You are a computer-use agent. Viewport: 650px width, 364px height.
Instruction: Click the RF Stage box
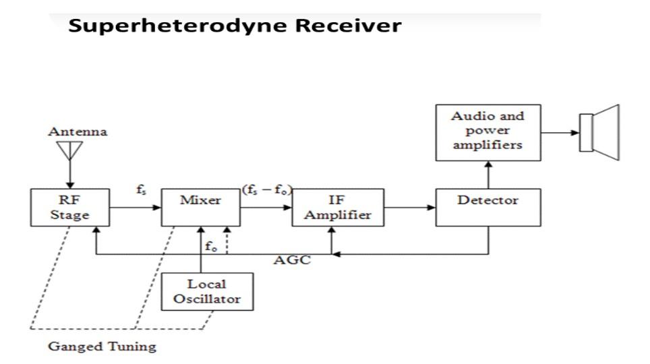pos(69,208)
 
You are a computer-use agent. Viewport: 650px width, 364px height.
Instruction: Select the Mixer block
pos(200,208)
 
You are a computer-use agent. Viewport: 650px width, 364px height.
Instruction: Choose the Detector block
pos(488,208)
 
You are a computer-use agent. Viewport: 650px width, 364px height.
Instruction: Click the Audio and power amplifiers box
pos(488,132)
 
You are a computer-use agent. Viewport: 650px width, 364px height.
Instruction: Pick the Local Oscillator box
pos(207,291)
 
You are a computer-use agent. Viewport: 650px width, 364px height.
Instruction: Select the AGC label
pos(291,261)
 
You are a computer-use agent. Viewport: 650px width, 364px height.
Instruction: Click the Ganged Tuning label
pos(102,347)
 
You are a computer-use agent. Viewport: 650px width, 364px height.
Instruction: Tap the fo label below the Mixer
pos(211,246)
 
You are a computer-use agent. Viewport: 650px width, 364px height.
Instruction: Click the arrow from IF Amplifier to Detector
pos(410,208)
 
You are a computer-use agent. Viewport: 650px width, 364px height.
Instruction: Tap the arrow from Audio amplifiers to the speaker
pos(560,132)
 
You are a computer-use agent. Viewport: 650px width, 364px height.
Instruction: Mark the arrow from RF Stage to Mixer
pos(135,208)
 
